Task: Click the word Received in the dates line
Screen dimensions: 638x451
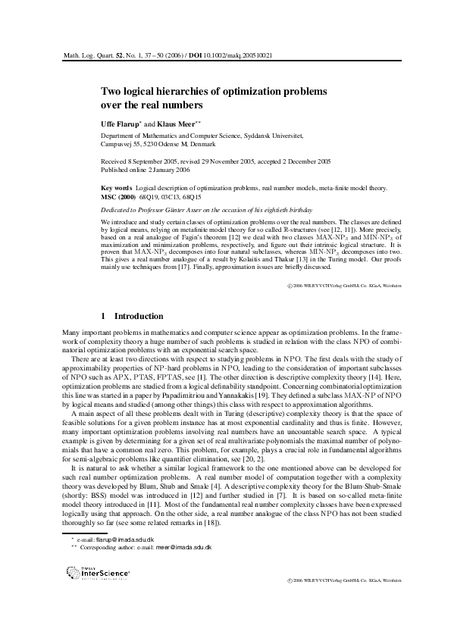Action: click(114, 162)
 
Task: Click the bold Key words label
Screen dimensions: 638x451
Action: click(117, 186)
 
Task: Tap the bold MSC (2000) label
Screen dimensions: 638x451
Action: click(119, 195)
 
